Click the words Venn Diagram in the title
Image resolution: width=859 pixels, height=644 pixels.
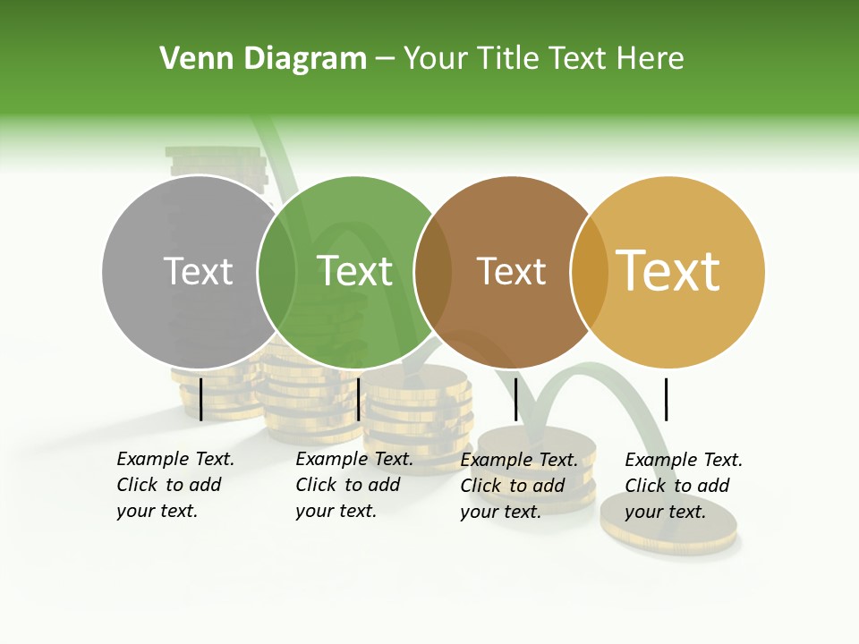click(263, 59)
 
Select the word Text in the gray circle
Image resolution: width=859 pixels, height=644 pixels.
click(199, 271)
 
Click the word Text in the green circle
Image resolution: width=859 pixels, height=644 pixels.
click(355, 271)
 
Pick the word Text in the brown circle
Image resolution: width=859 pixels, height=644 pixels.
click(511, 271)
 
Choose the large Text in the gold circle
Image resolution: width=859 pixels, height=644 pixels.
click(668, 271)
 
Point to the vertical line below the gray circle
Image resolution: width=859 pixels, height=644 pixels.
click(201, 399)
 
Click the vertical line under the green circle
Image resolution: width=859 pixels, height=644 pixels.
click(358, 399)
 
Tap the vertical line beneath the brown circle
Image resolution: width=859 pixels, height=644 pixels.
click(516, 399)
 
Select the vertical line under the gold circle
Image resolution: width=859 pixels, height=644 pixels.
click(666, 399)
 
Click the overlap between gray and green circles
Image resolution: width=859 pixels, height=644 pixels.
click(276, 271)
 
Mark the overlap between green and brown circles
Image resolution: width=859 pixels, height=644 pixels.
click(432, 271)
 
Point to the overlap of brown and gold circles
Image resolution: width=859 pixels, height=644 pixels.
click(589, 271)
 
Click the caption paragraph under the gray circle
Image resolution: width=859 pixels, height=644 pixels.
click(175, 485)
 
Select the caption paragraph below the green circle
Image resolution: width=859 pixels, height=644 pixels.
click(354, 485)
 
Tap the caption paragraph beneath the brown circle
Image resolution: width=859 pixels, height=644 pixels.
click(519, 485)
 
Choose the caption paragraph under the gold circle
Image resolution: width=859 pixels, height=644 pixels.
click(684, 485)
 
